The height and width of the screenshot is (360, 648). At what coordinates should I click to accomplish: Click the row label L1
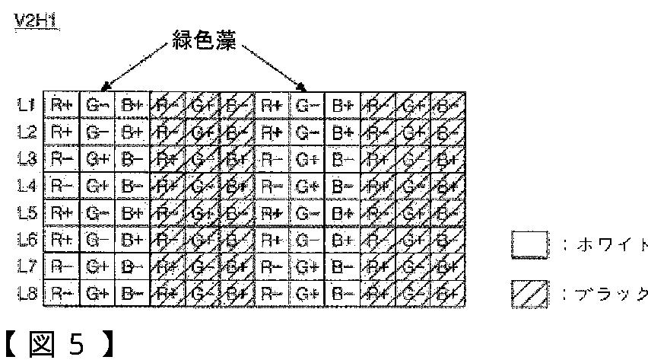click(x=25, y=105)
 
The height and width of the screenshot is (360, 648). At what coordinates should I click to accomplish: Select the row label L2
click(x=25, y=132)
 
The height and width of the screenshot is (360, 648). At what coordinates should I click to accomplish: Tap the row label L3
click(x=25, y=158)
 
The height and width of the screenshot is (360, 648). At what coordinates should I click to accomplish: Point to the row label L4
click(x=25, y=184)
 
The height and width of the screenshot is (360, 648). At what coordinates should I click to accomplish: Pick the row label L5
click(x=25, y=211)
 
